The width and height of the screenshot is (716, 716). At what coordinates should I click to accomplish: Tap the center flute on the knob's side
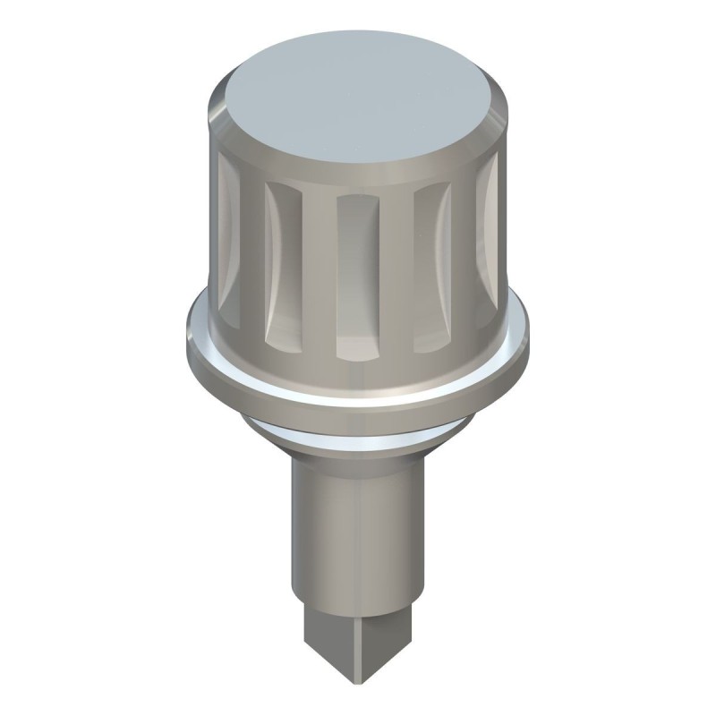(358, 273)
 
